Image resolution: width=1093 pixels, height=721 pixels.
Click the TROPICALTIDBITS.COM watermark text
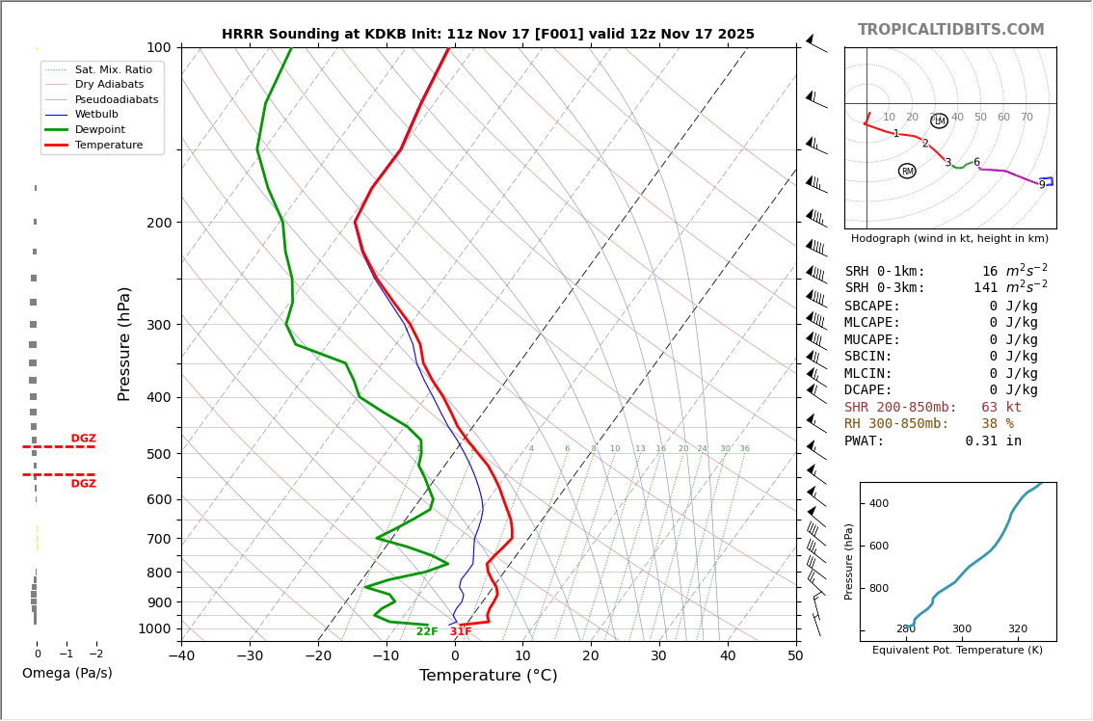[950, 30]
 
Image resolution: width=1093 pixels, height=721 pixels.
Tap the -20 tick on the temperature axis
[318, 656]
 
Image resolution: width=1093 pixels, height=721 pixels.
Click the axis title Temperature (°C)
[488, 676]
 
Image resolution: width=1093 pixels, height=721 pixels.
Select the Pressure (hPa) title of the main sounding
[124, 343]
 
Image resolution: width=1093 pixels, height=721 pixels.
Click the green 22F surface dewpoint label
[427, 632]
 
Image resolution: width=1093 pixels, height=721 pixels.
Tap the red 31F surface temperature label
[461, 632]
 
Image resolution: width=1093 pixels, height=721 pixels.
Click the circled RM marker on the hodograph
[907, 171]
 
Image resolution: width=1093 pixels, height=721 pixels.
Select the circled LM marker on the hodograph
[939, 121]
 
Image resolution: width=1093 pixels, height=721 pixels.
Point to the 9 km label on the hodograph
[1041, 185]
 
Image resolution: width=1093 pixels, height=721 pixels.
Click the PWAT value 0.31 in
[993, 441]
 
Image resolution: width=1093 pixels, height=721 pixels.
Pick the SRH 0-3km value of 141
[985, 288]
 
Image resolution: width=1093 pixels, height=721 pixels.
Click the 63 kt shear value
[1001, 408]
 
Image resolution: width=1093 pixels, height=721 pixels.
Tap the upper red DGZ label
[83, 439]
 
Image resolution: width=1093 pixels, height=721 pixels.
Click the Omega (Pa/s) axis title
[67, 673]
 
